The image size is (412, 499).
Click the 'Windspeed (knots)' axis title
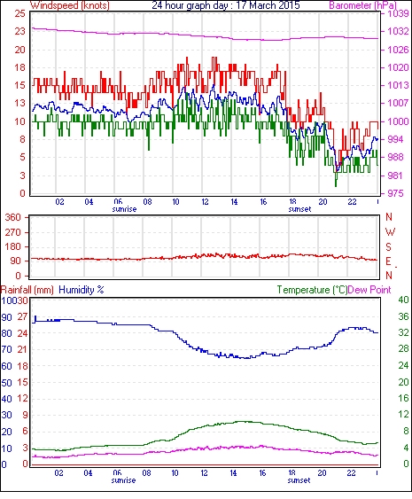[70, 5]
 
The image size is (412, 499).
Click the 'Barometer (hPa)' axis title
[362, 5]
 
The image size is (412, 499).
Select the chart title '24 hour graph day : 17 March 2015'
[226, 5]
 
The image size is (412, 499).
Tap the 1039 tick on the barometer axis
[398, 13]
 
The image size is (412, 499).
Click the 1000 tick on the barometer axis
[398, 121]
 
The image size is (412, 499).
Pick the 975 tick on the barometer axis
[395, 193]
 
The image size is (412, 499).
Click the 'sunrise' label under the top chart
[124, 209]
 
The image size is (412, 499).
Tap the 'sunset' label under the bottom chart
[299, 480]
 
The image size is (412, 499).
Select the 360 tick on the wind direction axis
[13, 218]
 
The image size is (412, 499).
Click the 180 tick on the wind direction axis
[13, 246]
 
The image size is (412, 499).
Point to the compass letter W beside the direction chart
[390, 232]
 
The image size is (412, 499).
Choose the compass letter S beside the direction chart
[388, 246]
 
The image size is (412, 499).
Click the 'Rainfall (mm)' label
[27, 290]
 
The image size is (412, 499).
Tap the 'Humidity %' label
[82, 290]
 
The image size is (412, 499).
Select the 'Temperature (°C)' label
[312, 290]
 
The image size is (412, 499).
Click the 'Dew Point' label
[369, 290]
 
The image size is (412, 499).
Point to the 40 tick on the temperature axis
[403, 300]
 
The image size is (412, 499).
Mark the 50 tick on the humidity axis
[7, 383]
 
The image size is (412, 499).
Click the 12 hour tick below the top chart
[206, 202]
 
